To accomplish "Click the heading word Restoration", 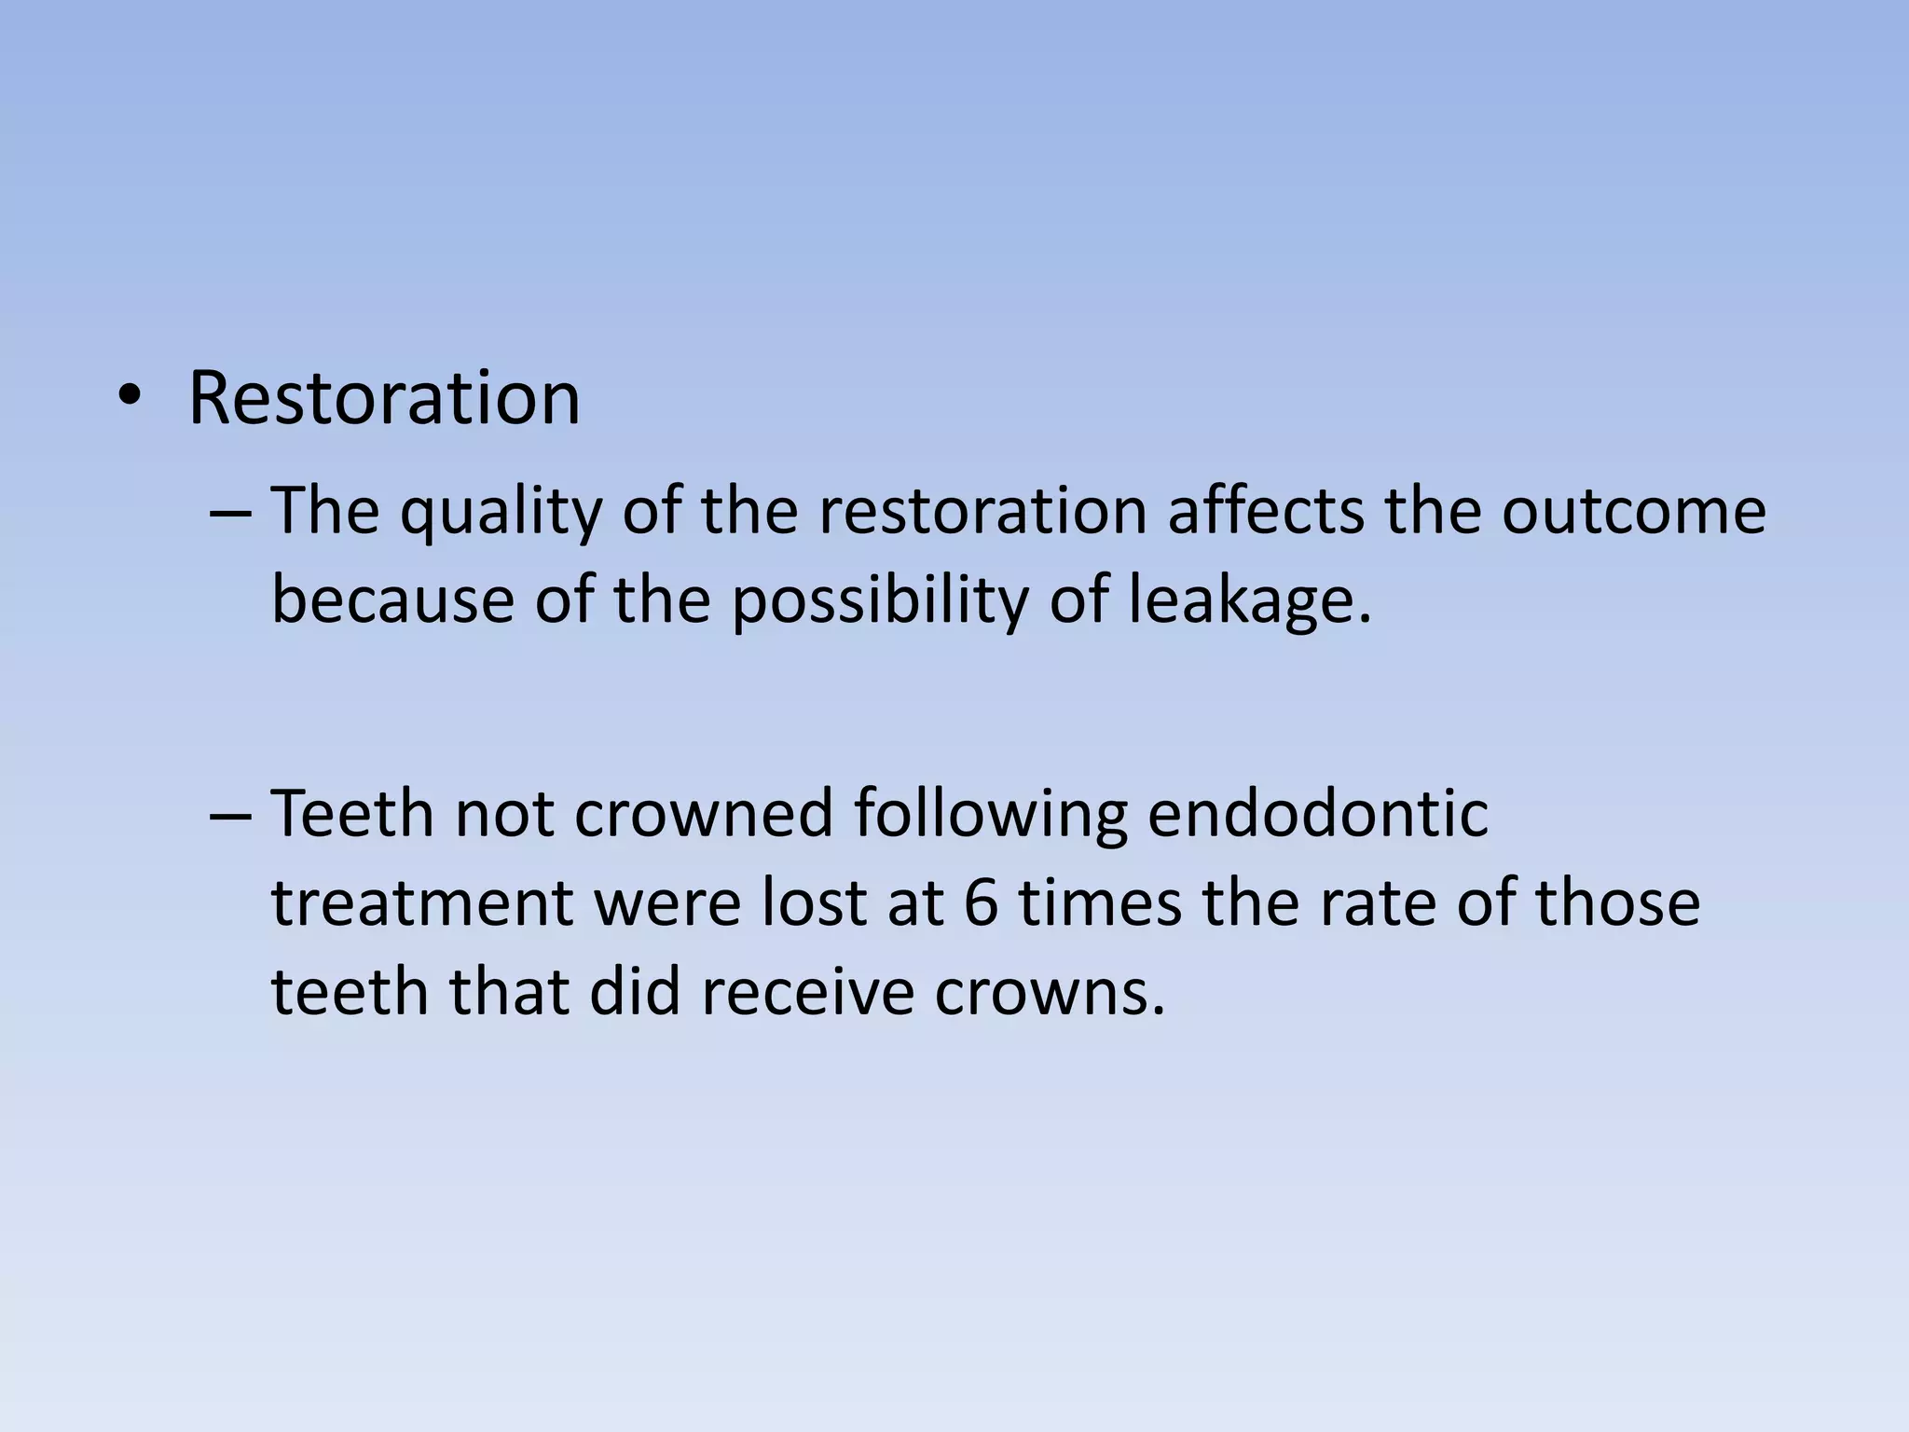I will (384, 398).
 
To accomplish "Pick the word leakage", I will (1250, 601).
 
